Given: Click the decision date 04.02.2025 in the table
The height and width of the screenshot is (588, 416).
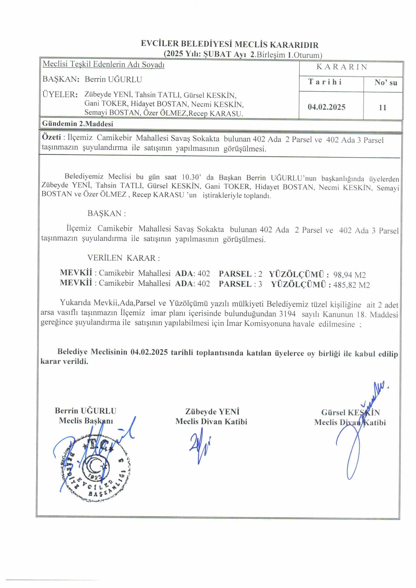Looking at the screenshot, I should pos(326,107).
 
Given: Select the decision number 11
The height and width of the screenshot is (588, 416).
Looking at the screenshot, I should pos(383,107).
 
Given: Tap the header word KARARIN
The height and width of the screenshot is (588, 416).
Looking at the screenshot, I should pos(342,67).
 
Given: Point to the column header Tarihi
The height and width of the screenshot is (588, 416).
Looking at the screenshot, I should pos(325,82).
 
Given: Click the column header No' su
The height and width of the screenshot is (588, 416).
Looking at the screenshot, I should pos(386,82).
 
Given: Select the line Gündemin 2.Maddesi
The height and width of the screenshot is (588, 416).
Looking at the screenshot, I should pos(78,124).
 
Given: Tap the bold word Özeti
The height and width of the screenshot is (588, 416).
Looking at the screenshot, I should pos(51,137).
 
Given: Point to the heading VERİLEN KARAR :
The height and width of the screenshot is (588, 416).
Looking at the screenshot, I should pos(123,258).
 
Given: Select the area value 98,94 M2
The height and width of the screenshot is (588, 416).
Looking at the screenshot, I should pos(349,275).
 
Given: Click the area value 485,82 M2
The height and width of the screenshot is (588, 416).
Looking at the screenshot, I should pos(351,285).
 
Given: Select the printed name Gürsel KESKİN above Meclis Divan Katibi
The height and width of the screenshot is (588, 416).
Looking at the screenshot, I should pos(350,412).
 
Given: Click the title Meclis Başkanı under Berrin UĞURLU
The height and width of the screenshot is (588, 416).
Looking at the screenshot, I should pos(86,421).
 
